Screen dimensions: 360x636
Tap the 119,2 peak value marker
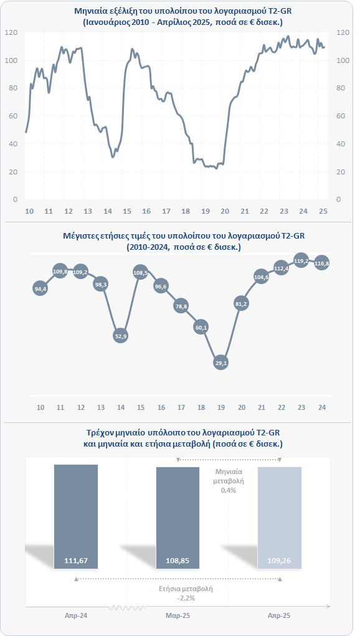[x=301, y=261]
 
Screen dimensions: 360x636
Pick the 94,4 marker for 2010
[x=40, y=289]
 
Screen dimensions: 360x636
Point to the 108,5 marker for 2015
[x=140, y=273]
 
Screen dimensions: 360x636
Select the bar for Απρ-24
[x=76, y=517]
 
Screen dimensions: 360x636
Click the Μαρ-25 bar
[x=178, y=518]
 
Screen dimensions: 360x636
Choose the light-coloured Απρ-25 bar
[x=279, y=518]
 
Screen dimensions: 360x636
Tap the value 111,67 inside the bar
[x=76, y=561]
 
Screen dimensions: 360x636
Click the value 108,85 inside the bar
[x=178, y=561]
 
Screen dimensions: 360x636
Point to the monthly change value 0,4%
[x=229, y=490]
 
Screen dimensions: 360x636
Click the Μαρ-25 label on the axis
[x=178, y=615]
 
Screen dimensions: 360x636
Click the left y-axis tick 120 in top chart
[x=12, y=32]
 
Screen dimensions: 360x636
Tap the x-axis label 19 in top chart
[x=206, y=211]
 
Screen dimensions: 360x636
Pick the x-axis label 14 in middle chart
[x=120, y=407]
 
